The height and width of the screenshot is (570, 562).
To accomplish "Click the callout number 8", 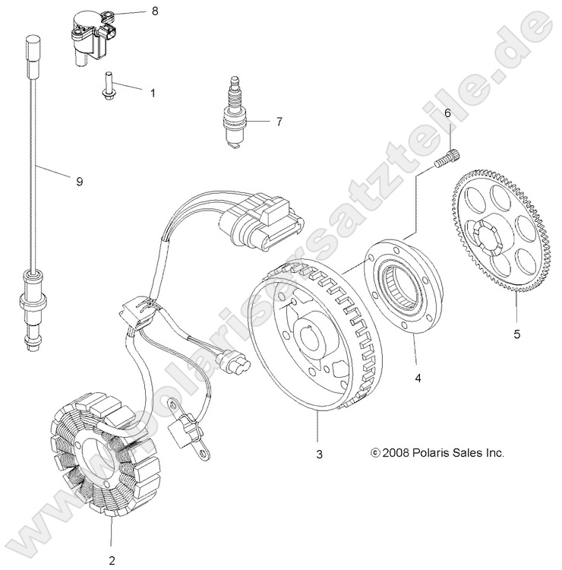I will click(x=156, y=11).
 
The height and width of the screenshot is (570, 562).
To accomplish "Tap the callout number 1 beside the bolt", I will click(x=152, y=93).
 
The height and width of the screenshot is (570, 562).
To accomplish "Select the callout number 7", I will click(x=279, y=121).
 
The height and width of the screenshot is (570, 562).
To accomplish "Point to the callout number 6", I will click(x=447, y=112).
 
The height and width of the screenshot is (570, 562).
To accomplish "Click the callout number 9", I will click(x=79, y=181).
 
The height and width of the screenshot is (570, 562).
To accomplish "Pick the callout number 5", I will click(x=517, y=331).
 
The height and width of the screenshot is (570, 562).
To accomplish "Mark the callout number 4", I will click(x=416, y=375).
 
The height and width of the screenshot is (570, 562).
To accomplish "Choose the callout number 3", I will click(x=320, y=454).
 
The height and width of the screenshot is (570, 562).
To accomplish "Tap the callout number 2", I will click(x=112, y=562).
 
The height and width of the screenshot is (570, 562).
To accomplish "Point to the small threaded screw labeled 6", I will click(x=447, y=161).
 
